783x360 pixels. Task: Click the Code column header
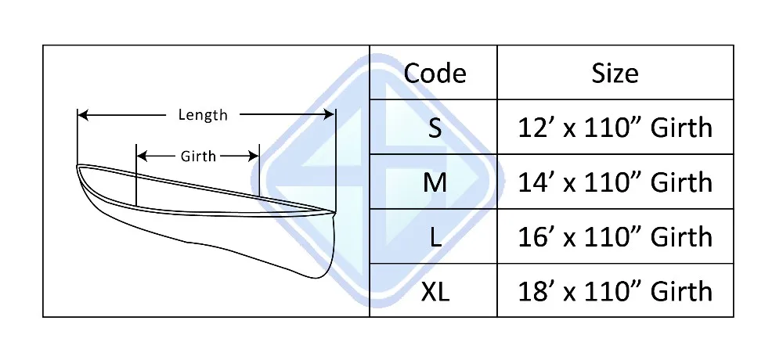[435, 74]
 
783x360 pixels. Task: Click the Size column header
[615, 74]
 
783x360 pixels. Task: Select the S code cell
[435, 128]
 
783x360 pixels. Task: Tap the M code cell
[435, 182]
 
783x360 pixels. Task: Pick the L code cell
[435, 236]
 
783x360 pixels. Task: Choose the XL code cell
[435, 291]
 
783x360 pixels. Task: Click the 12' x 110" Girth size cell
[615, 128]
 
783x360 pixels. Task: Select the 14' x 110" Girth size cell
[615, 182]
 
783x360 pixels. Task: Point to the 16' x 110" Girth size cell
[615, 236]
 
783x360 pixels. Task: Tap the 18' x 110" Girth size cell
[615, 291]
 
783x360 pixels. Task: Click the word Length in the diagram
[203, 115]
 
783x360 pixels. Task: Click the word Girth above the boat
[198, 156]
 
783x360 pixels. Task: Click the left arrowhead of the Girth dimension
[141, 156]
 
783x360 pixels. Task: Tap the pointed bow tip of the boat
[78, 167]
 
